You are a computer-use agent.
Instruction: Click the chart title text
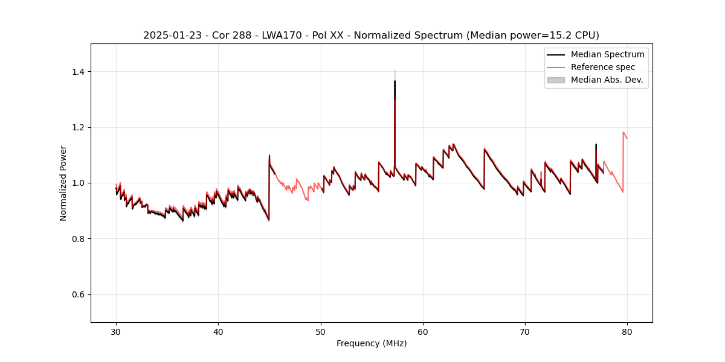[371, 35]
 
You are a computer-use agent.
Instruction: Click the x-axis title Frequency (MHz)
[372, 343]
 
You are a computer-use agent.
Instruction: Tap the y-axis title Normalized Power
[63, 183]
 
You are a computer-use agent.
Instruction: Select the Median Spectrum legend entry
[607, 54]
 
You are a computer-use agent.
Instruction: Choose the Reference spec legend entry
[602, 67]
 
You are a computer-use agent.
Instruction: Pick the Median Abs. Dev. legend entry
[607, 80]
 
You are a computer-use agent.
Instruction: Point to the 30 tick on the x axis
[116, 331]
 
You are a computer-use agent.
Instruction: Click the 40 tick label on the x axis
[218, 331]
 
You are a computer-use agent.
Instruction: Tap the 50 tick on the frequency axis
[321, 331]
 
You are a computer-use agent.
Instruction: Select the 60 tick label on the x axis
[423, 331]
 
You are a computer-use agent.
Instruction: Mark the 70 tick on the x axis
[525, 331]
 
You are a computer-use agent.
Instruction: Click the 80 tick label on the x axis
[627, 331]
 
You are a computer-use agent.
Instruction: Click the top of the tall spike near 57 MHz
[395, 81]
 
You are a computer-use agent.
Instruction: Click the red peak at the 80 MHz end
[623, 132]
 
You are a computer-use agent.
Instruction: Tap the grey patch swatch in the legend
[556, 80]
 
